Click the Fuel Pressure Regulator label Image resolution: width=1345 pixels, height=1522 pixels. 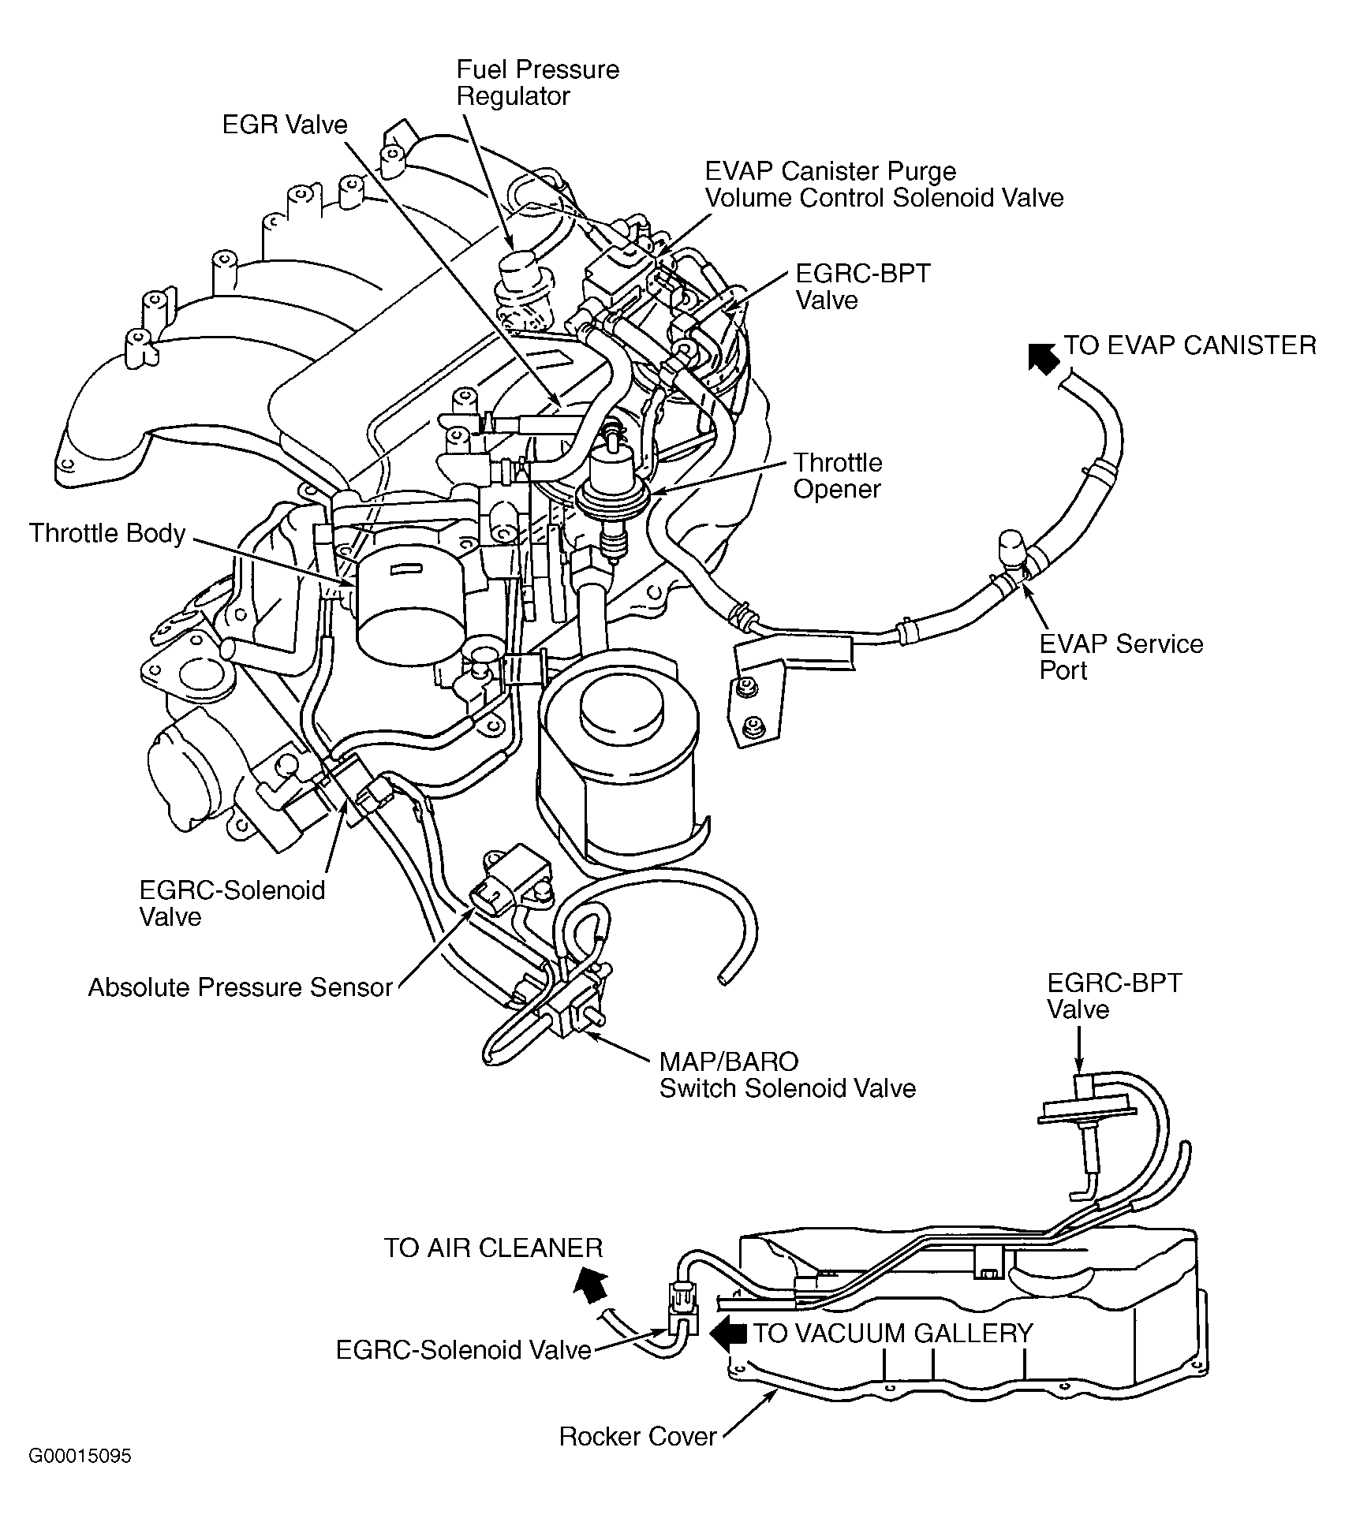537,83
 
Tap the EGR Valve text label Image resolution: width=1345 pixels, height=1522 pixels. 284,125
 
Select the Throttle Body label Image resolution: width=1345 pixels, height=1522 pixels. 107,534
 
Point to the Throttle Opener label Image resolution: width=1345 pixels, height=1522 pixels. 837,476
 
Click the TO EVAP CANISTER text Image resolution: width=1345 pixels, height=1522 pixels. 1190,345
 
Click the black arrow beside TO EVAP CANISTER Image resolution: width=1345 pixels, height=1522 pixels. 1043,356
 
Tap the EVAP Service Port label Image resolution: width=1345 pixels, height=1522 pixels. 1121,657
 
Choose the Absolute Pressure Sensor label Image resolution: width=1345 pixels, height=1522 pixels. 240,987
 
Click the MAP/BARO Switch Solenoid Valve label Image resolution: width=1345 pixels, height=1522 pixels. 786,1075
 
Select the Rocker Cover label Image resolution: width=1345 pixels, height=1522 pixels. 637,1436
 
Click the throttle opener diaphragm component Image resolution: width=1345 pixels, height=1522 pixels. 614,494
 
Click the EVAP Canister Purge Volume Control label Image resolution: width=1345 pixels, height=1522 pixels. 884,185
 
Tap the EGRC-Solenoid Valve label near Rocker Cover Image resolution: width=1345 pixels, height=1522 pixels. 463,1350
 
